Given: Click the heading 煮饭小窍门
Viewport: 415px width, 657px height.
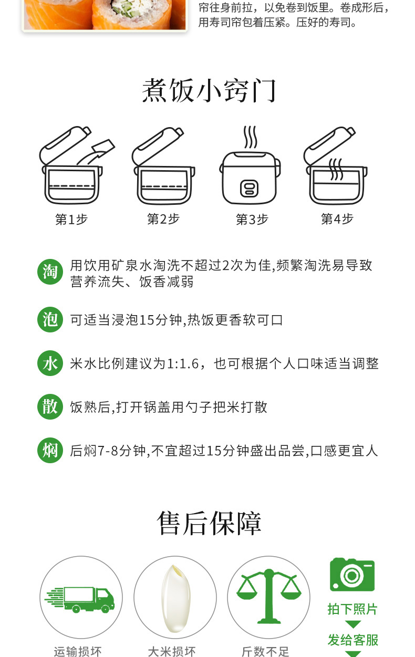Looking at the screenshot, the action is [x=209, y=90].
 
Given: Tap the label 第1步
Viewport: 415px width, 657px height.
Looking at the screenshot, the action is [x=71, y=219].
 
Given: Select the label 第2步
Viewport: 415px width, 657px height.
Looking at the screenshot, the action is [x=163, y=219].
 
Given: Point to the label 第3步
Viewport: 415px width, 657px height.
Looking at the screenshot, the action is [x=252, y=219].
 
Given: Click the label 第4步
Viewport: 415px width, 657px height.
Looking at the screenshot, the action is [x=337, y=219].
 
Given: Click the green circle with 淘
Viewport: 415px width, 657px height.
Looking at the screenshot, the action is [x=50, y=272].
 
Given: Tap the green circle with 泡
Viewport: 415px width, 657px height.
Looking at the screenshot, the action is [x=50, y=319].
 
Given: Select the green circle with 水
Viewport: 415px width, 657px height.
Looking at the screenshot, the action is [x=50, y=363].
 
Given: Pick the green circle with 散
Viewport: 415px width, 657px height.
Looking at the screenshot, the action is [x=50, y=406].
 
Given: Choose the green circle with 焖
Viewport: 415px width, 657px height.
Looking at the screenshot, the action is [x=50, y=450].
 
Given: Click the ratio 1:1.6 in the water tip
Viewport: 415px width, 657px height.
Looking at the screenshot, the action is [x=183, y=364].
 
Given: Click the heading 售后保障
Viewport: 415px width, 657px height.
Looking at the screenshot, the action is [x=209, y=523].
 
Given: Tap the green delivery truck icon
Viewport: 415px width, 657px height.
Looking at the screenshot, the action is [x=79, y=600].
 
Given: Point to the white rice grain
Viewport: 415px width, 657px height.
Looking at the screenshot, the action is [x=176, y=598].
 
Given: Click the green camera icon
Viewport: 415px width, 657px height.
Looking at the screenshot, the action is [x=352, y=575].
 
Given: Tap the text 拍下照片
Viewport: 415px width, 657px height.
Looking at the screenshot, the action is [x=352, y=609].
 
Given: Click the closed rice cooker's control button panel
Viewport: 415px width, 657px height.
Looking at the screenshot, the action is [x=250, y=189].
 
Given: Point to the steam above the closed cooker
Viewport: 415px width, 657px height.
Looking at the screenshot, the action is [x=251, y=137].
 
